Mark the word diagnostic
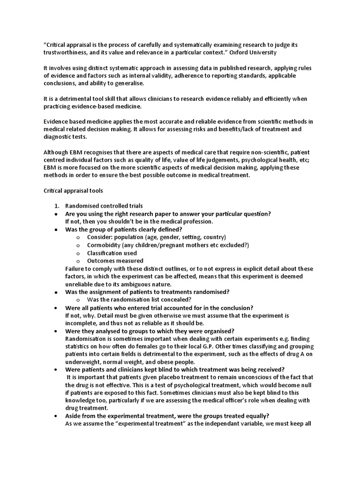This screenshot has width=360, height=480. [x=59, y=137]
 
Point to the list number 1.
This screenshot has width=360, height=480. [x=56, y=206]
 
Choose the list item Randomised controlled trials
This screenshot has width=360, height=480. [x=104, y=206]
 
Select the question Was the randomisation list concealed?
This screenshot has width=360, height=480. [x=139, y=300]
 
